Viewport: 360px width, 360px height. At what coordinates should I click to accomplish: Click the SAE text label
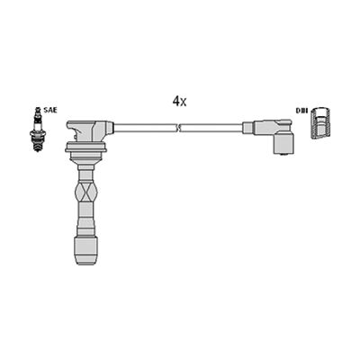click(x=50, y=110)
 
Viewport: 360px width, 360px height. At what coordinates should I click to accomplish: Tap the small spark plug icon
click(x=37, y=129)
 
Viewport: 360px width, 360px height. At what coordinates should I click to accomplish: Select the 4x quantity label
click(x=179, y=102)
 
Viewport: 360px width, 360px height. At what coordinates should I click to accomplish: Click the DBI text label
click(x=301, y=111)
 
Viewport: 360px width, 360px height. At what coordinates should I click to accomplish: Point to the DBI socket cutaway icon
click(x=320, y=122)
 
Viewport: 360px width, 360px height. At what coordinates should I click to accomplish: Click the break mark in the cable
click(x=179, y=128)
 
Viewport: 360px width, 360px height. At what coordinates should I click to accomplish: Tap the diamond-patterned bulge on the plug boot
click(x=86, y=192)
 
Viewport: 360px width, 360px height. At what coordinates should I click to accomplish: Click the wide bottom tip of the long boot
click(x=85, y=251)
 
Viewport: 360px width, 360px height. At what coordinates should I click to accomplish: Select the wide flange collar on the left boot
click(x=85, y=148)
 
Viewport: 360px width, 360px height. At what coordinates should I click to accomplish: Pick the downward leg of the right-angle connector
click(x=283, y=143)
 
